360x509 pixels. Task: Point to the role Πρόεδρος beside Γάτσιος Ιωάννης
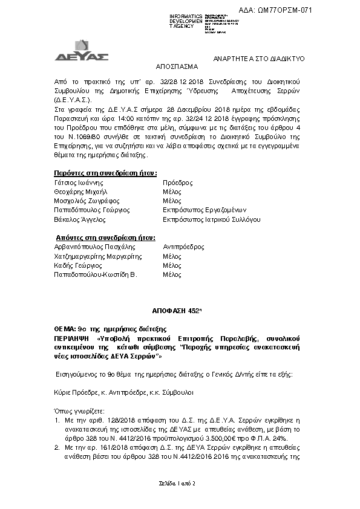[x=178, y=182]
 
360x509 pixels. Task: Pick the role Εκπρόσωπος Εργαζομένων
[x=202, y=210]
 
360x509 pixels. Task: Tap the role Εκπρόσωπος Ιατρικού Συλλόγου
[x=212, y=219]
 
